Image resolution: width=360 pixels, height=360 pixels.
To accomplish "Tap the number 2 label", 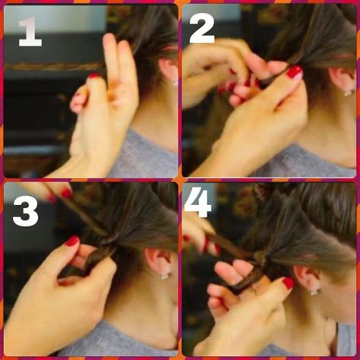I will pyautogui.click(x=201, y=28).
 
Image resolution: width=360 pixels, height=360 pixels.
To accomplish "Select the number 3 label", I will pyautogui.click(x=25, y=210).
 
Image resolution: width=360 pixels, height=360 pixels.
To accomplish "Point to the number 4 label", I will pyautogui.click(x=197, y=204).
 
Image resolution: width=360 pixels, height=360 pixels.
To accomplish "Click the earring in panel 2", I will pyautogui.click(x=348, y=92).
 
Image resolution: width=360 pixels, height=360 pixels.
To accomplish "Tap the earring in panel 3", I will pyautogui.click(x=164, y=275).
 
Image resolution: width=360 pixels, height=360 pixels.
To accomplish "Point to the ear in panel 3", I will pyautogui.click(x=159, y=261).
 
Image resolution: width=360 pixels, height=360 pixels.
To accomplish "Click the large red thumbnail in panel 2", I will pyautogui.click(x=294, y=72).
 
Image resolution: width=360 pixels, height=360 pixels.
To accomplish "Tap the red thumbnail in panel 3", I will pyautogui.click(x=72, y=241).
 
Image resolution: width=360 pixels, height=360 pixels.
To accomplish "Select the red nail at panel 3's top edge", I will pyautogui.click(x=67, y=193).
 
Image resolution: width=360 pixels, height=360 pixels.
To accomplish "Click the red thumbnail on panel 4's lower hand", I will pyautogui.click(x=288, y=283).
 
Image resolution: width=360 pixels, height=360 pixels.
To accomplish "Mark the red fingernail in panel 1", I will pyautogui.click(x=94, y=76).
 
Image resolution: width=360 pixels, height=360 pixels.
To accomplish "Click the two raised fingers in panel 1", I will pyautogui.click(x=118, y=61).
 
